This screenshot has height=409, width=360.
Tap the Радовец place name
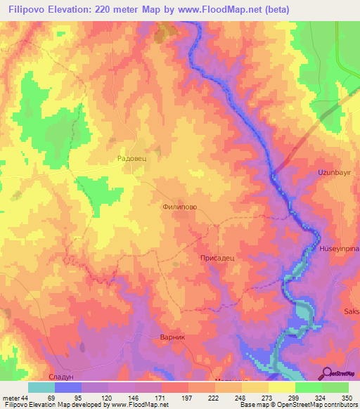(x=131, y=160)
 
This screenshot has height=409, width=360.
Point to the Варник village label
(x=172, y=337)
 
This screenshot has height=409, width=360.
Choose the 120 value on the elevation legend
(x=106, y=398)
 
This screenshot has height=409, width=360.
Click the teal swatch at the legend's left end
(x=41, y=387)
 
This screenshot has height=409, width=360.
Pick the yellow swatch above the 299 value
(x=282, y=387)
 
